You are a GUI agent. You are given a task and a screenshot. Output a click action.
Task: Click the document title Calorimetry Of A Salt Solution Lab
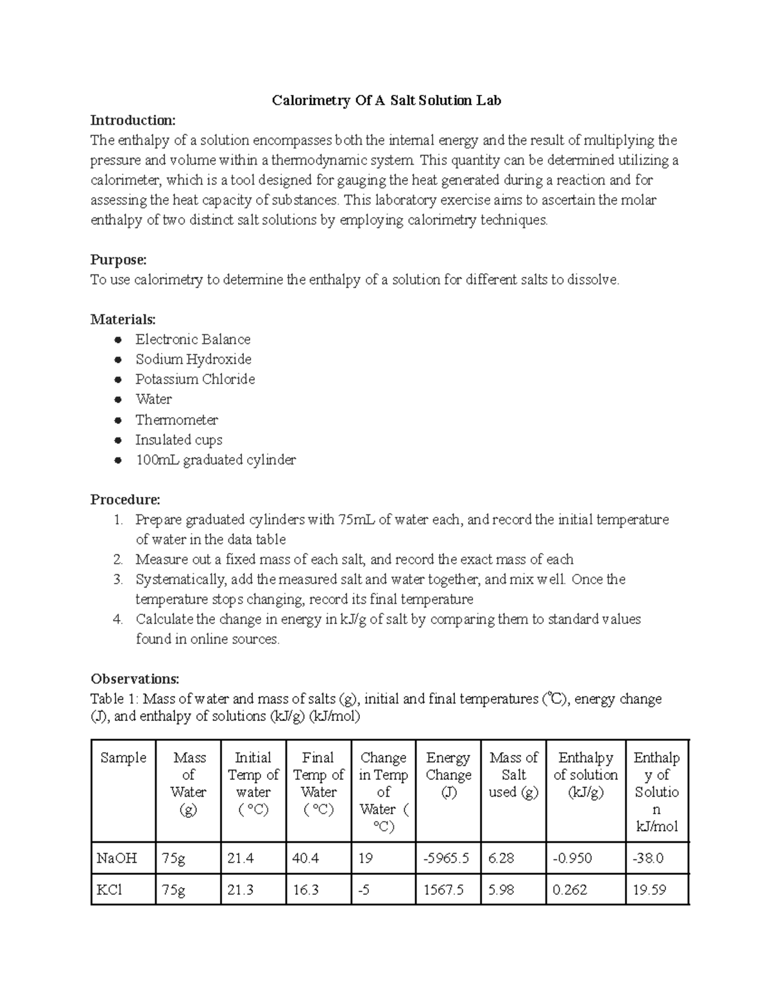click(386, 101)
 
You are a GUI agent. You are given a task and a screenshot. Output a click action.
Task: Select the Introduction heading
click(132, 121)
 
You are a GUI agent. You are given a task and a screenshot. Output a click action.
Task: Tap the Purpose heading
click(119, 260)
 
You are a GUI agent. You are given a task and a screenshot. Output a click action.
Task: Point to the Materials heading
click(123, 319)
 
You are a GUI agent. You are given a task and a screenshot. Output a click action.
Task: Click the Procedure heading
click(125, 500)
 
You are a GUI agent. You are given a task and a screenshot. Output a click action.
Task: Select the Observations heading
click(135, 679)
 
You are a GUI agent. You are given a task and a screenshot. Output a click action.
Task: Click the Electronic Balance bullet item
click(193, 339)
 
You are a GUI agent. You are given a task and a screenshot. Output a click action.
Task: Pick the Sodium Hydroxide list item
click(193, 359)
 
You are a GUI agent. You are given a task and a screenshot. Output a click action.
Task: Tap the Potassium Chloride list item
click(195, 379)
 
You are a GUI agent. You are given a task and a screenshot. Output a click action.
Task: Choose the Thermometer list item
click(176, 420)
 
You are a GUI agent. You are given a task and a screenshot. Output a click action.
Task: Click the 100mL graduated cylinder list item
click(216, 460)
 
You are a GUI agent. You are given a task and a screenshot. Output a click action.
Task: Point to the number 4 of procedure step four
click(117, 620)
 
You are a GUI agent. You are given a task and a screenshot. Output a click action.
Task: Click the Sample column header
click(123, 758)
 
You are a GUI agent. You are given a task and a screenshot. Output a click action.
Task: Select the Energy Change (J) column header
click(448, 775)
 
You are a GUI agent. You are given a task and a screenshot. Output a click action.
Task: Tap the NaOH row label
click(116, 858)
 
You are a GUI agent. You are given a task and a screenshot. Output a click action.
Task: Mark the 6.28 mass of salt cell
click(501, 858)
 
